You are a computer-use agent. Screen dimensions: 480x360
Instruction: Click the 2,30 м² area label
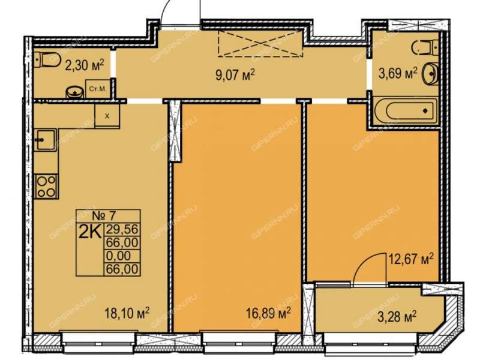[85, 65]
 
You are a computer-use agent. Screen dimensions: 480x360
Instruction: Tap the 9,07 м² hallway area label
[235, 74]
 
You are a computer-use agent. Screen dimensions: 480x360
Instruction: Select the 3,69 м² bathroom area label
[398, 73]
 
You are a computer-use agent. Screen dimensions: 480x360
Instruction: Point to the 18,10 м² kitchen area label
[127, 313]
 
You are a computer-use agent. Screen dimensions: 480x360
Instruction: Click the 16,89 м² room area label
[268, 313]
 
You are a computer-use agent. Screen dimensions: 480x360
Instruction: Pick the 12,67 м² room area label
[411, 259]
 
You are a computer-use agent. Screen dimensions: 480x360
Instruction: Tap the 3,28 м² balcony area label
[397, 317]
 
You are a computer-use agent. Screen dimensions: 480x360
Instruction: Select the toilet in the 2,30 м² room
[47, 59]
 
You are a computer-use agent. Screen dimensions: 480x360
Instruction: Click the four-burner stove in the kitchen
[46, 187]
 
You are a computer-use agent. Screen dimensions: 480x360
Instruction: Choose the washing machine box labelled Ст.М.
[98, 89]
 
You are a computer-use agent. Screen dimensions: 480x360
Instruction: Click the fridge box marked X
[107, 116]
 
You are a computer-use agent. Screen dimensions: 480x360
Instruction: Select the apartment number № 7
[104, 216]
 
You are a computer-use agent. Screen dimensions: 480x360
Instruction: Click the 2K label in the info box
[90, 233]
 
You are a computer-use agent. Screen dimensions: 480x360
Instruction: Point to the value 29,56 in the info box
[122, 229]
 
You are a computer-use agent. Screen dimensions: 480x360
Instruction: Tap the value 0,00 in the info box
[118, 256]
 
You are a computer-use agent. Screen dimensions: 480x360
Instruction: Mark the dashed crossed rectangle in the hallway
[260, 43]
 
